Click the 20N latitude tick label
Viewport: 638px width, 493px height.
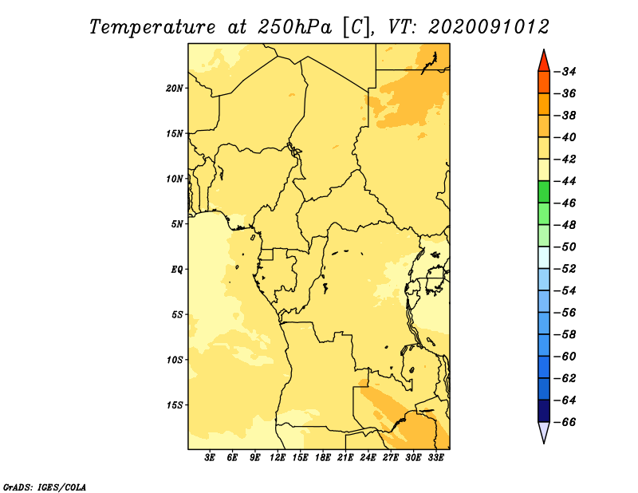[175, 89]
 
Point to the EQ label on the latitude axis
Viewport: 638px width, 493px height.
[176, 270]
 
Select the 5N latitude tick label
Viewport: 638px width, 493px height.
[177, 224]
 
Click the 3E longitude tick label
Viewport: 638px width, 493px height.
[210, 457]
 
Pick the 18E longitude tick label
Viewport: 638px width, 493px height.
[323, 457]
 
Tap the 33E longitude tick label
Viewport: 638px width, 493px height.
[435, 457]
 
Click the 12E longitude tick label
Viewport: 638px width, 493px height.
[278, 457]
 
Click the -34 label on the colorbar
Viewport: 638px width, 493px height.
[565, 72]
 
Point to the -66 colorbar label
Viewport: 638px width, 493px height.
[565, 422]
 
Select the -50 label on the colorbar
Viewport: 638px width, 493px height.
[565, 246]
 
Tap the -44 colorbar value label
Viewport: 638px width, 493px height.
[565, 181]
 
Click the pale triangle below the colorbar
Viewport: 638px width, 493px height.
[544, 431]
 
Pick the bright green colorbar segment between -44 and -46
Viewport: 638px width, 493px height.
[544, 191]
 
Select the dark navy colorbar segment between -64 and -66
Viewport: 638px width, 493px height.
[544, 411]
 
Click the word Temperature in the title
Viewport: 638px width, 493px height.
[152, 28]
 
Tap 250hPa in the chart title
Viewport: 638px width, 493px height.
[294, 27]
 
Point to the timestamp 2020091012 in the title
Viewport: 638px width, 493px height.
[489, 27]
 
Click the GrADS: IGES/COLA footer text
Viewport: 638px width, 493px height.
[45, 487]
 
